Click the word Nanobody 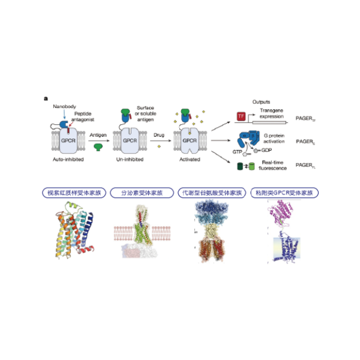tap(65, 106)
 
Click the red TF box tap(241, 115)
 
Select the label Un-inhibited tap(130, 160)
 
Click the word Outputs tap(262, 102)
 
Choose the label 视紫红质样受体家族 tap(70, 193)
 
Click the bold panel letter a tap(46, 98)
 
